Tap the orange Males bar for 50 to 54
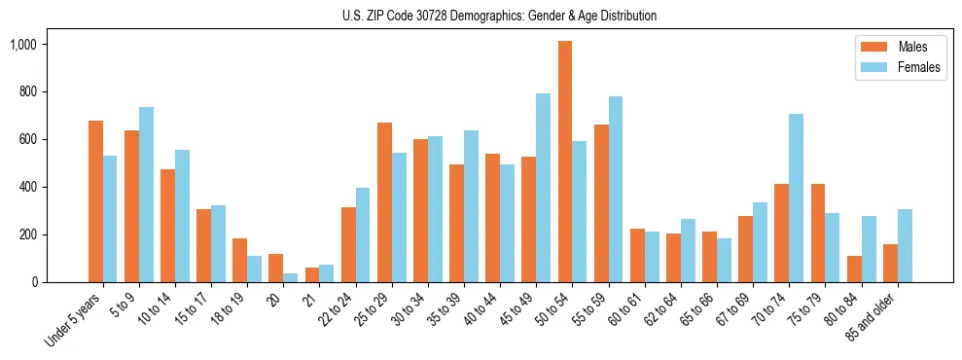[x=565, y=162]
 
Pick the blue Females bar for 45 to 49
[x=543, y=188]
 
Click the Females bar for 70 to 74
[x=796, y=198]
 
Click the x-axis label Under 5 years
[x=74, y=318]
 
